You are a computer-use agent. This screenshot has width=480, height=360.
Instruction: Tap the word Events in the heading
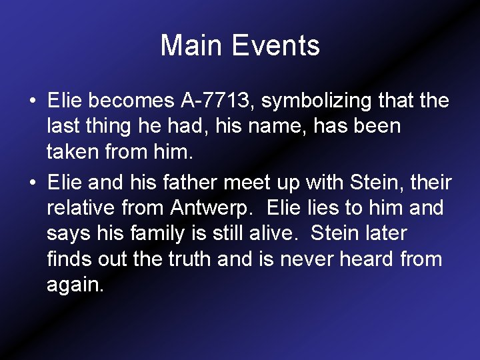point(275,46)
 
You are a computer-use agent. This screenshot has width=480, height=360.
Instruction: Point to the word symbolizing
point(317,101)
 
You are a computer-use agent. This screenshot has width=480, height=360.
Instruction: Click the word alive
point(277,233)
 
